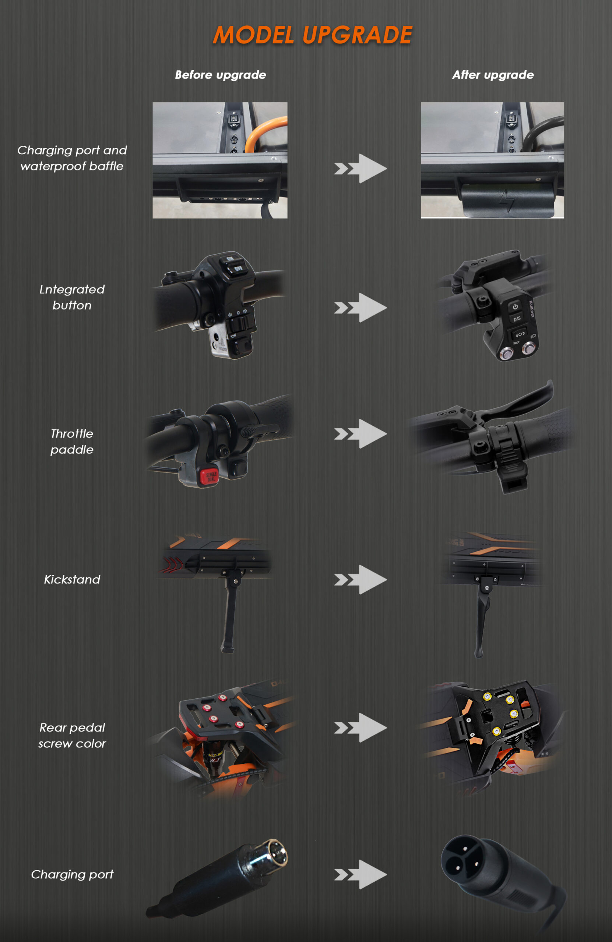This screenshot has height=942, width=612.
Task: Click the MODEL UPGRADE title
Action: tap(313, 35)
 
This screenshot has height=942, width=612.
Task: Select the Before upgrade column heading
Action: tap(220, 75)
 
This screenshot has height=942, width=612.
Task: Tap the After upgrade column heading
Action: tap(492, 75)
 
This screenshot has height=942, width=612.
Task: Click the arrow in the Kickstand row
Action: tap(361, 580)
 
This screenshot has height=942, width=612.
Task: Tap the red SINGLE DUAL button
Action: tap(208, 476)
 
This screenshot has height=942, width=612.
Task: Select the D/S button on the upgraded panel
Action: tap(517, 319)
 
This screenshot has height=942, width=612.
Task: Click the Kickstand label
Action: tap(72, 580)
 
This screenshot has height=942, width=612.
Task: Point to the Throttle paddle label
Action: tap(72, 441)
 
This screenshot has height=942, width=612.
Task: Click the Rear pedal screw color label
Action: tap(72, 736)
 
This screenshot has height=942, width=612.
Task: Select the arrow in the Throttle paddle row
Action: tap(361, 434)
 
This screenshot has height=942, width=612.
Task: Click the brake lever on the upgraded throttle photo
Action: tap(523, 400)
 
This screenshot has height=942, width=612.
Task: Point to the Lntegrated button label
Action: tap(72, 297)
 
